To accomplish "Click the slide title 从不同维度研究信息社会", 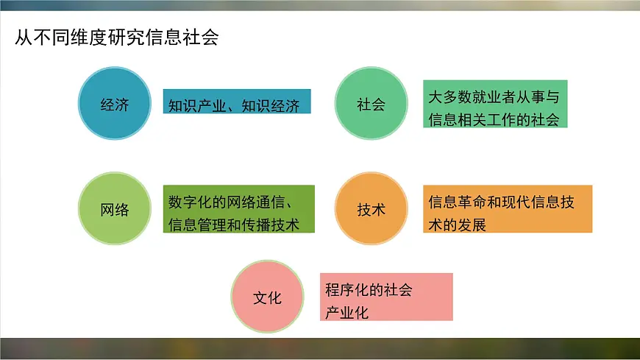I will (x=117, y=38).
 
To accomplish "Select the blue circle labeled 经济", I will (x=114, y=104).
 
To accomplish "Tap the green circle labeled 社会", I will (x=371, y=104).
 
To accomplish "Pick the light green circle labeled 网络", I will (x=114, y=210).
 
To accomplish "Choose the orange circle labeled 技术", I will (x=371, y=210).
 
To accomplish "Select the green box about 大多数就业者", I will (x=495, y=104).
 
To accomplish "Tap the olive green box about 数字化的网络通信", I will (x=238, y=209).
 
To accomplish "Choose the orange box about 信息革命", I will (x=508, y=209).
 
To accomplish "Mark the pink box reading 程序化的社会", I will (x=386, y=297).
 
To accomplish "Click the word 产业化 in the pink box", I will (x=347, y=312).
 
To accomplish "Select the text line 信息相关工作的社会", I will (x=494, y=119).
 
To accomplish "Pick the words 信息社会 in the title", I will (x=189, y=38).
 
